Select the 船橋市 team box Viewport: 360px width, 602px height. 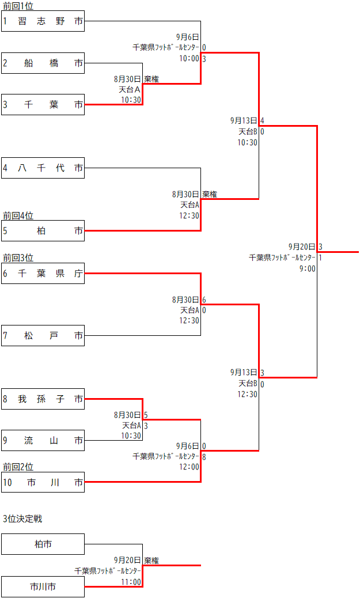click(x=43, y=63)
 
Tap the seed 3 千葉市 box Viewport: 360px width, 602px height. click(x=43, y=104)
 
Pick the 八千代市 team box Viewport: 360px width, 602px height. click(x=43, y=168)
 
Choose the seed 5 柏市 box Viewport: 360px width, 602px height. click(x=43, y=230)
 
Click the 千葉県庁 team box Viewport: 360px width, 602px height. click(x=43, y=273)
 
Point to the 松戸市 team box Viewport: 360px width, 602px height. click(x=43, y=335)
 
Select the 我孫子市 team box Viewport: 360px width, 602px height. click(x=43, y=399)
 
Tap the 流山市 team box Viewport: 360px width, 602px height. click(x=43, y=441)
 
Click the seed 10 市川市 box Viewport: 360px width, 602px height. click(x=43, y=482)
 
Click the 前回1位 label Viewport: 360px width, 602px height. click(x=18, y=6)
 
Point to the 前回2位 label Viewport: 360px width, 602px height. click(x=18, y=467)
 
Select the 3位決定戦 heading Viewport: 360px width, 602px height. click(x=22, y=518)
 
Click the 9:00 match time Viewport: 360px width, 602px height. click(x=308, y=268)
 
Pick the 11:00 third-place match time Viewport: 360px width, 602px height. click(x=131, y=582)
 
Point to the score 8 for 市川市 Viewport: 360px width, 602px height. click(x=204, y=456)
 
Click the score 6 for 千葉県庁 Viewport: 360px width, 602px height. click(x=204, y=300)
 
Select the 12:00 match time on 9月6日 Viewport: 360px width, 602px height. click(x=190, y=467)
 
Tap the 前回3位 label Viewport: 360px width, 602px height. click(x=18, y=258)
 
